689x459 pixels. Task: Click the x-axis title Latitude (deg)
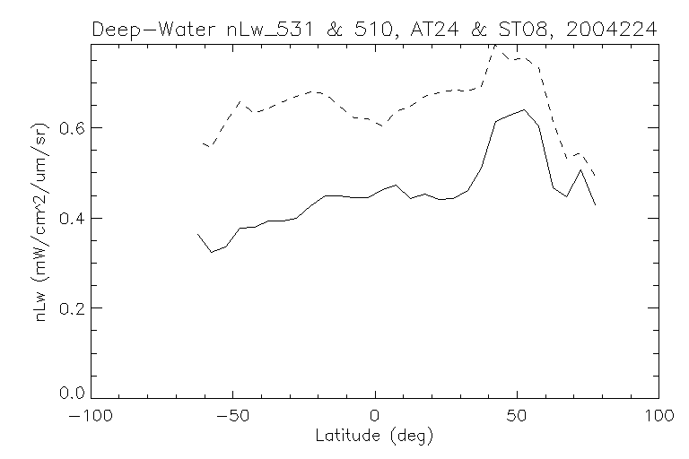(x=376, y=437)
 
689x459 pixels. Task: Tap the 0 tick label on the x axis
(x=375, y=417)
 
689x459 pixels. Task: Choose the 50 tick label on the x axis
(x=518, y=417)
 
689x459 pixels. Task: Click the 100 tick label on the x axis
(x=658, y=417)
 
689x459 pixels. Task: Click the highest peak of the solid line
(x=524, y=110)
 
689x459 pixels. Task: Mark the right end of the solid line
(x=595, y=205)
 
